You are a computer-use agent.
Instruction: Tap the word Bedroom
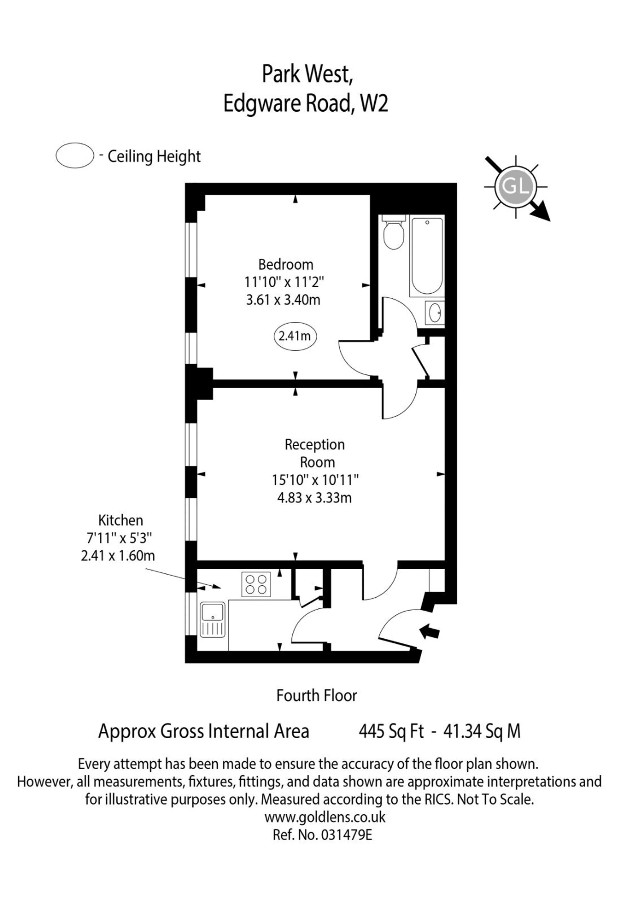point(286,264)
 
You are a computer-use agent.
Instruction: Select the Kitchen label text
point(120,521)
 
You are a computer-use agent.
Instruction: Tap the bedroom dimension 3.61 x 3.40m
point(283,300)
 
